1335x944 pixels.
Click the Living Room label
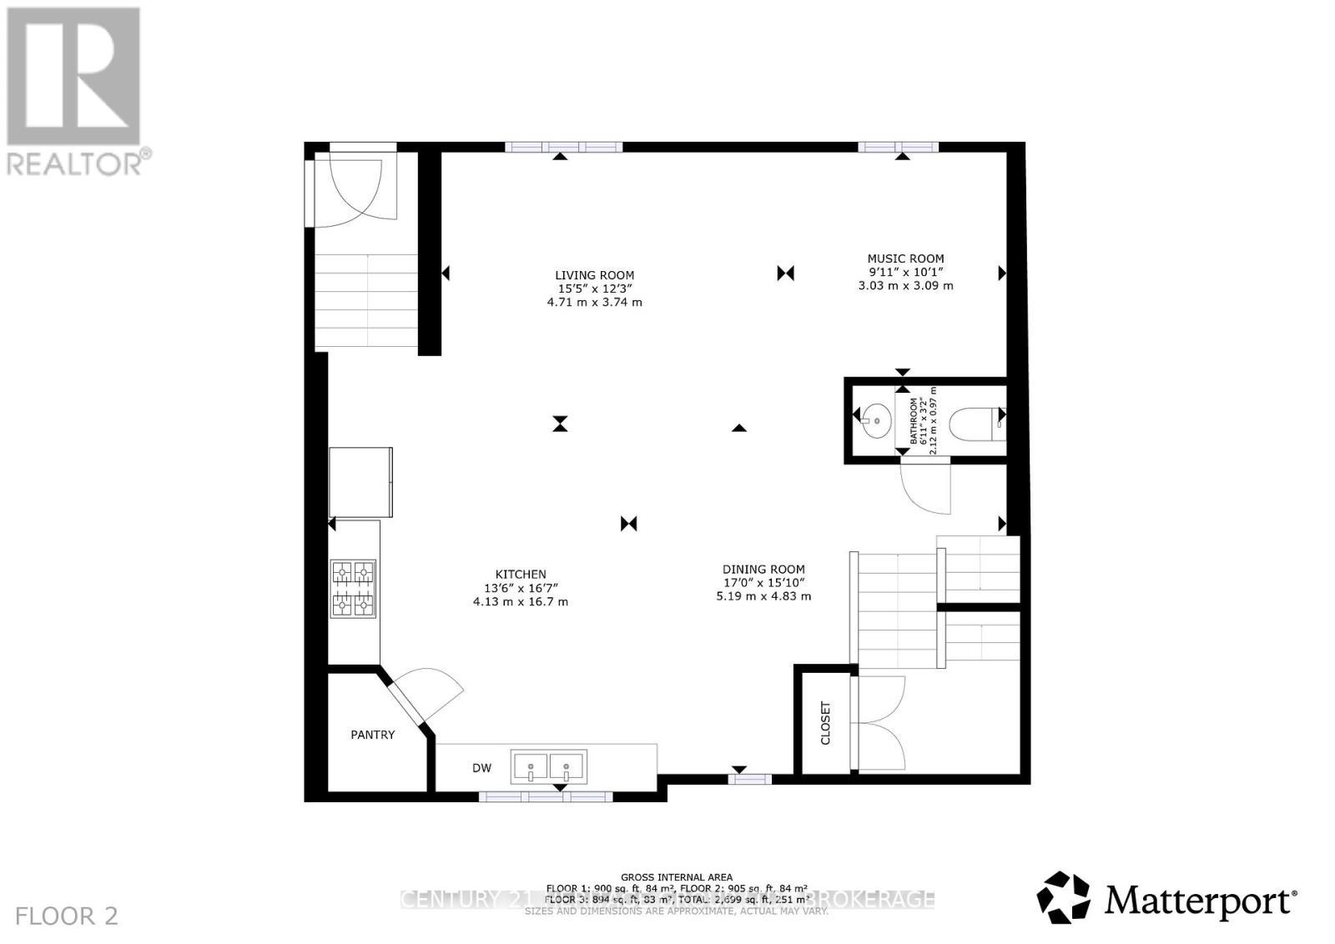point(594,275)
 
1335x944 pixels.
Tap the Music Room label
point(905,259)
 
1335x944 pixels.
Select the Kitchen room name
point(521,574)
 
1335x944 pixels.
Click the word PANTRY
point(372,735)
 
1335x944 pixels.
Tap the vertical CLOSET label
point(826,722)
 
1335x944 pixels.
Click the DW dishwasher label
point(482,768)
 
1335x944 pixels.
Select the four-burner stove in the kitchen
point(354,588)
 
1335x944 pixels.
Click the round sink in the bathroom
point(875,415)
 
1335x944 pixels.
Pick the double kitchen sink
point(548,766)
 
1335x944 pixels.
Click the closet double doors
point(880,723)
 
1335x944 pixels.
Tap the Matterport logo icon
point(1063,897)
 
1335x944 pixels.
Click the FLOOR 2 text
point(67,916)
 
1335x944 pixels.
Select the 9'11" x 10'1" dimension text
point(905,272)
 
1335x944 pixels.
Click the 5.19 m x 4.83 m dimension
point(763,596)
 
